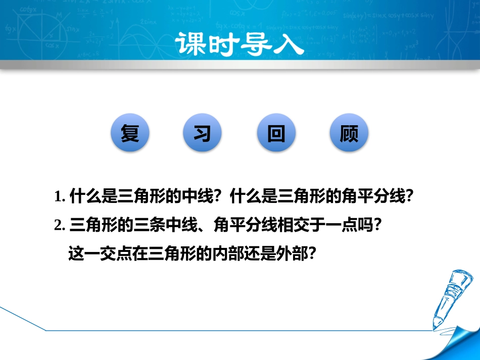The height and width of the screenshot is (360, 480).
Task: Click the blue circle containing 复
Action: [130, 134]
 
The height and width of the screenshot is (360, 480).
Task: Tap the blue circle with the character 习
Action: [203, 134]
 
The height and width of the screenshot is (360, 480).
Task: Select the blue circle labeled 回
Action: [276, 134]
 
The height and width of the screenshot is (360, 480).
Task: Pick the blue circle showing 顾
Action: [349, 134]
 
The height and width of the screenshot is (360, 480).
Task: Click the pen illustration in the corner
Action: [452, 298]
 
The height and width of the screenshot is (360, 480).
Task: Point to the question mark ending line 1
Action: [410, 196]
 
